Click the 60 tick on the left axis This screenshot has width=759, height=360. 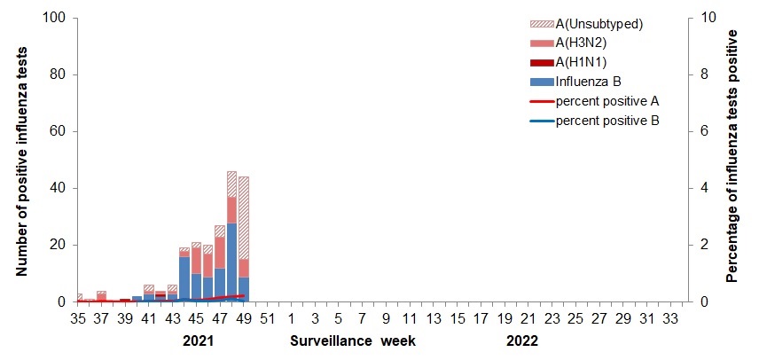59,131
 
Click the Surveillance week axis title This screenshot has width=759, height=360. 350,340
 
